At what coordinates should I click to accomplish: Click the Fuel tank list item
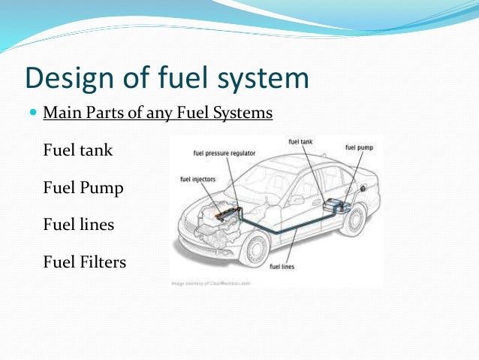tap(78, 150)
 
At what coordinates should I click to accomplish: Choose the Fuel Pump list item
tap(83, 187)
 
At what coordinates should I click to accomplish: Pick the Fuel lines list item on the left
tap(79, 224)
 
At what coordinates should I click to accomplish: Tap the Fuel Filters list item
tap(85, 262)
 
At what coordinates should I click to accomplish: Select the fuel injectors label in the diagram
tap(197, 179)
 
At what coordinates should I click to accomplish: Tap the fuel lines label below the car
tap(282, 267)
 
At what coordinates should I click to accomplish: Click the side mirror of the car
tap(296, 201)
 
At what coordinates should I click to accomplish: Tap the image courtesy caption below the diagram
tap(211, 283)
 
